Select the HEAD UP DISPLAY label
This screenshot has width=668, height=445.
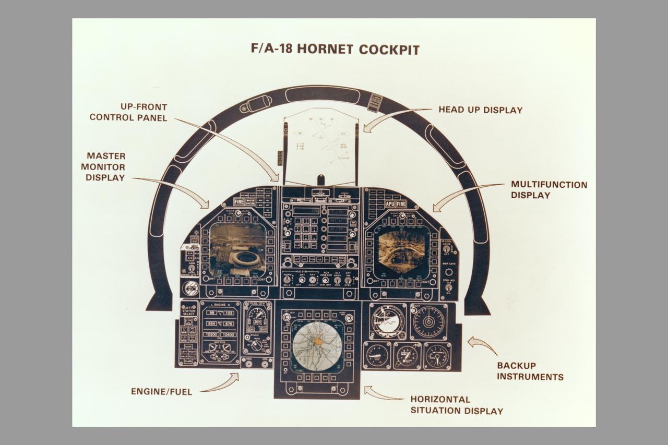tap(480, 110)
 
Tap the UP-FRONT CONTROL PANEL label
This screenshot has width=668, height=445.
tap(128, 112)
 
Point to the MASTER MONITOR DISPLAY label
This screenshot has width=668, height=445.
tap(106, 167)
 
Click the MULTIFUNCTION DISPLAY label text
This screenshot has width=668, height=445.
tap(548, 190)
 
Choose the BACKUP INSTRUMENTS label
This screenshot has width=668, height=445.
tap(530, 371)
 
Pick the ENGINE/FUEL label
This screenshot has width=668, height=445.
tap(161, 391)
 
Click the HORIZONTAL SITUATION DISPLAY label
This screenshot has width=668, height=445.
tap(456, 405)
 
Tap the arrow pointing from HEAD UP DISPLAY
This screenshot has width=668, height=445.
tap(397, 118)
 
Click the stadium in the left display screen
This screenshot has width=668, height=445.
tap(247, 258)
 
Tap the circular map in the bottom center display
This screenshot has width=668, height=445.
tap(317, 346)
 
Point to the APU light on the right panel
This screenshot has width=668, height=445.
tap(389, 204)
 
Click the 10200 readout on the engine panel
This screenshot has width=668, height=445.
tap(211, 334)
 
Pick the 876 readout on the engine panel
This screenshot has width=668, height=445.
tap(228, 323)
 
